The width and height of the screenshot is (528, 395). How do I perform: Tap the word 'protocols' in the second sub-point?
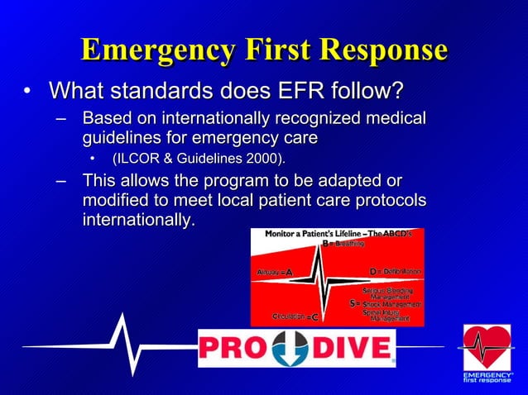386,200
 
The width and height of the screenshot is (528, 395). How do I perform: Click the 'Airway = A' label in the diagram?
273,271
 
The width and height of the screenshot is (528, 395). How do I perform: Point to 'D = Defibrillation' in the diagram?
395,271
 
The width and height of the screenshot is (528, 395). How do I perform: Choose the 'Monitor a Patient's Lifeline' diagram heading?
338,234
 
